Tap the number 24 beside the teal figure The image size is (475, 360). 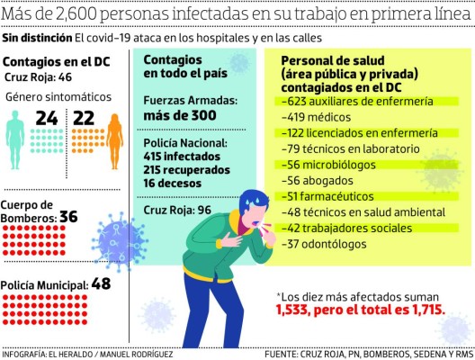(x=46, y=118)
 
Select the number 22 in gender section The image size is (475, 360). (x=84, y=118)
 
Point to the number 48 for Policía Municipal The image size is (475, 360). (x=101, y=284)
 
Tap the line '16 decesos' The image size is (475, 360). (x=176, y=180)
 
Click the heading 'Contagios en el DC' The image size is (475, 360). (x=57, y=60)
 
